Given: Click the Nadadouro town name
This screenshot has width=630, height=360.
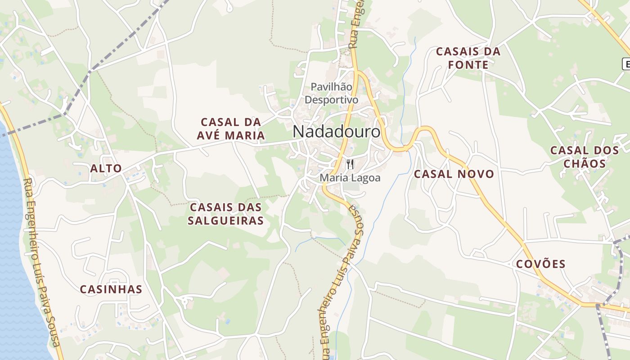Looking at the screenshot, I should click(x=336, y=132).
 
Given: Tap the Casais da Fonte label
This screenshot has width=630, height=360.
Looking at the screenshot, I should click(x=468, y=58).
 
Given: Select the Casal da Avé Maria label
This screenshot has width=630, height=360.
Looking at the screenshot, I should click(x=231, y=129).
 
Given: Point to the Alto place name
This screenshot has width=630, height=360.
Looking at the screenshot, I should click(x=106, y=169).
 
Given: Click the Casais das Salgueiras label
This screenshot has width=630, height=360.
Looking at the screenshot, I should click(x=226, y=214).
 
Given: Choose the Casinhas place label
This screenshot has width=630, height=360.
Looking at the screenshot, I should click(x=111, y=289).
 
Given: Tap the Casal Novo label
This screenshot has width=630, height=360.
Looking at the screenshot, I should click(x=454, y=174).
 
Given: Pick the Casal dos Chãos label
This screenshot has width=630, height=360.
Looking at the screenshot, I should click(x=585, y=157).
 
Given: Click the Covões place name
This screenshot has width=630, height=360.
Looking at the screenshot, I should click(x=540, y=264).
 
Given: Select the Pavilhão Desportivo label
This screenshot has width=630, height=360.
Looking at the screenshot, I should click(x=331, y=93).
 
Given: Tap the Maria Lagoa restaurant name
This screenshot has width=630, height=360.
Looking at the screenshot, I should click(x=350, y=178).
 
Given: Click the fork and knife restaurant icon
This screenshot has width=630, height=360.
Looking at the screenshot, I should click(x=351, y=164).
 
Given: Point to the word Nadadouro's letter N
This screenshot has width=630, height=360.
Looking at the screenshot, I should click(x=299, y=132).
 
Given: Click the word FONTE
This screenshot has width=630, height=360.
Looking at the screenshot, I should click(x=468, y=65).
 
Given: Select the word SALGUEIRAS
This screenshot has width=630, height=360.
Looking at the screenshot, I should click(x=226, y=221).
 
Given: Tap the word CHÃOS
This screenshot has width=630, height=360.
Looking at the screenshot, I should click(x=585, y=164).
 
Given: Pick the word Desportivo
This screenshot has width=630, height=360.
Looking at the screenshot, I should click(x=331, y=99).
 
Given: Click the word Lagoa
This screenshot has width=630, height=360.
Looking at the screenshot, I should click(x=366, y=178).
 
